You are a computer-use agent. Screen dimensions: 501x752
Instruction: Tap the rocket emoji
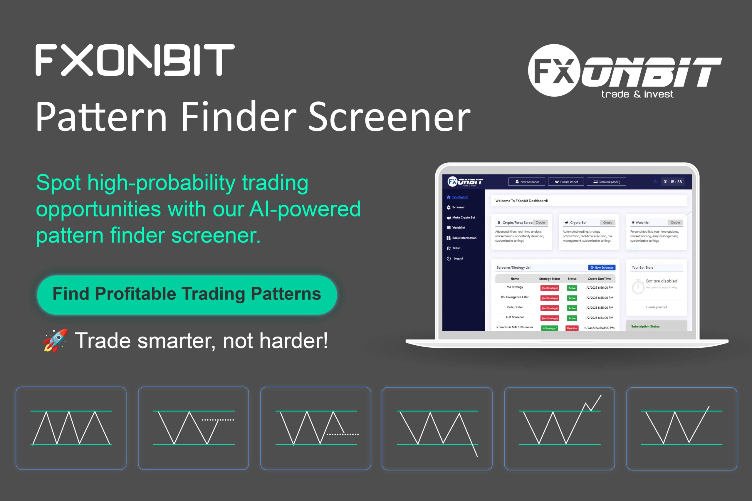(x=55, y=341)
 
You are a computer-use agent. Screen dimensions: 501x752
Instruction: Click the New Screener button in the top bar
(x=527, y=182)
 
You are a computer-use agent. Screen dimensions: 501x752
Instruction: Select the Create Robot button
(x=566, y=182)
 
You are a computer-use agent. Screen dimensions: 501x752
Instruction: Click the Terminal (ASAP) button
(x=606, y=182)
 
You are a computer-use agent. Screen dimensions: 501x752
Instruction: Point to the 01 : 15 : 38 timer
(x=672, y=182)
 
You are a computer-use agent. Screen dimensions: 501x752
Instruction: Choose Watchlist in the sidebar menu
(x=458, y=228)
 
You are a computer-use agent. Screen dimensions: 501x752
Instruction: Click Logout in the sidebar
(x=458, y=258)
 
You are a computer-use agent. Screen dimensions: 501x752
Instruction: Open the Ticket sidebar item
(x=456, y=248)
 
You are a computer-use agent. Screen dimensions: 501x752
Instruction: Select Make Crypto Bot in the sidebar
(x=464, y=218)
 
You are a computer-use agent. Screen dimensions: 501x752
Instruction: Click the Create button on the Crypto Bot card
(x=607, y=222)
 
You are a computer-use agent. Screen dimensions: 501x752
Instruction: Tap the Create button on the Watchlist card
(x=675, y=222)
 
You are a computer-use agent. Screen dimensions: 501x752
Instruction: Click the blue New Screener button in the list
(x=602, y=268)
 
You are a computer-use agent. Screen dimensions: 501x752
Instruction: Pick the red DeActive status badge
(x=572, y=328)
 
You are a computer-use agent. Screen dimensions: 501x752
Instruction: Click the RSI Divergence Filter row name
(x=515, y=297)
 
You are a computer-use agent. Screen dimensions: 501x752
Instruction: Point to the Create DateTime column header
(x=599, y=279)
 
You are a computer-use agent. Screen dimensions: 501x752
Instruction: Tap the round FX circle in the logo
(x=554, y=70)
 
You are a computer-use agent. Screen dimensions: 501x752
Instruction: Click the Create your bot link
(x=657, y=307)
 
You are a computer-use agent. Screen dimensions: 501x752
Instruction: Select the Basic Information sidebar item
(x=464, y=238)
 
